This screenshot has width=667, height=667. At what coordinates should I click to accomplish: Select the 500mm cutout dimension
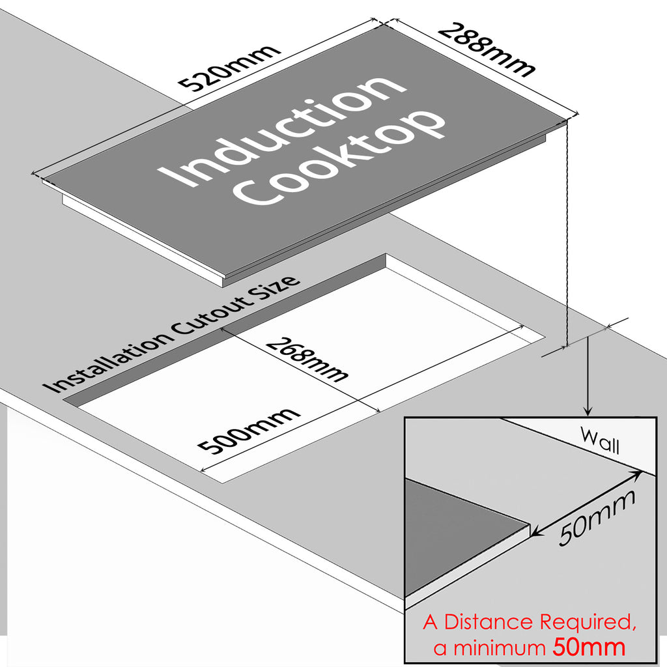249,431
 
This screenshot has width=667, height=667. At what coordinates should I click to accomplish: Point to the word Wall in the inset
599,442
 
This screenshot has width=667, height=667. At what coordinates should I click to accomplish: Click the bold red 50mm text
589,647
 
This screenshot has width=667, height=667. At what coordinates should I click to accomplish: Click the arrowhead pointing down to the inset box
588,411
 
